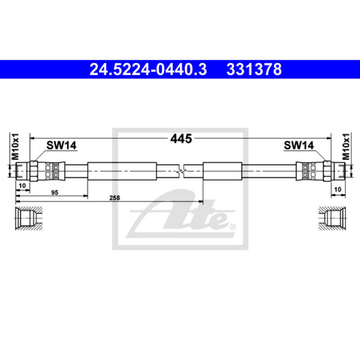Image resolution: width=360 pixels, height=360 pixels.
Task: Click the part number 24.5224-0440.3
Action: [148, 69]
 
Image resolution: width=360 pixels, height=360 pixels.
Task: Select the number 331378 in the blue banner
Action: [254, 69]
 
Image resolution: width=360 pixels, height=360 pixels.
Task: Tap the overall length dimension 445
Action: [181, 139]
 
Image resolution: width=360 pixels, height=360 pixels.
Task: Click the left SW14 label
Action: [61, 145]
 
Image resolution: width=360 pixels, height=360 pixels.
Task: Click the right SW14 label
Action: [299, 145]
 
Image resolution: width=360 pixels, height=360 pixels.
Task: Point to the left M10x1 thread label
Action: [15, 147]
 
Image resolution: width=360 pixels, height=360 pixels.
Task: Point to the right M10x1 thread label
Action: [346, 147]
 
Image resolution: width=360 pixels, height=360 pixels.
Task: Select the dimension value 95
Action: [54, 193]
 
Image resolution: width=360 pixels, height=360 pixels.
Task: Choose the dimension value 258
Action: [115, 198]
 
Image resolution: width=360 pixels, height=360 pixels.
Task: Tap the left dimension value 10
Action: [22, 185]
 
